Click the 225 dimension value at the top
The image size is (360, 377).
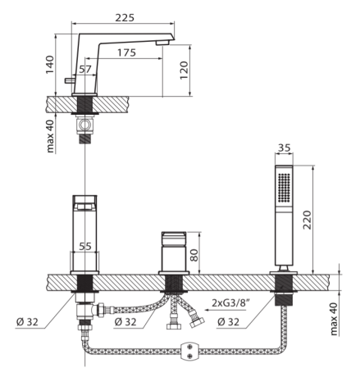click(125, 18)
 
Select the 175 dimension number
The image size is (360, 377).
click(126, 52)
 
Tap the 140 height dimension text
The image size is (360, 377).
click(50, 65)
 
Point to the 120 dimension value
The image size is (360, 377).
click(185, 70)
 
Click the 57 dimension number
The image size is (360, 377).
click(85, 69)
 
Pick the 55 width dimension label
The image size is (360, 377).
click(85, 247)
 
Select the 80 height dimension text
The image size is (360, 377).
click(194, 255)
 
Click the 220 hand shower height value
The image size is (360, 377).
click(308, 220)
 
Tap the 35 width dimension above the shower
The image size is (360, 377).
click(284, 148)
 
